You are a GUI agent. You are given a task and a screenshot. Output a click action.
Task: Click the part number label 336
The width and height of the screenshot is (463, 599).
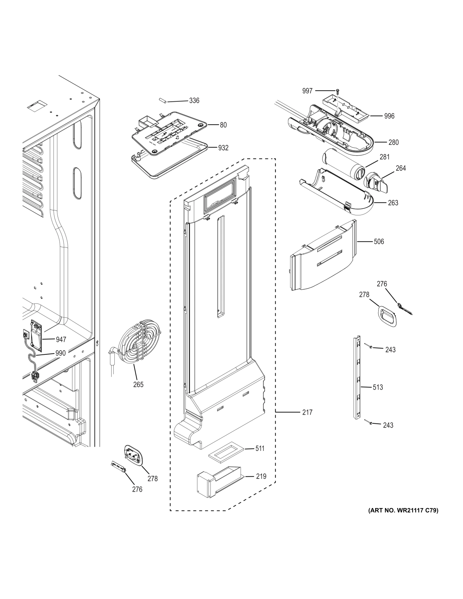coord(194,101)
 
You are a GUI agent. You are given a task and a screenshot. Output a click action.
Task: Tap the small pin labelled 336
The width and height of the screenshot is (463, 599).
coord(161,101)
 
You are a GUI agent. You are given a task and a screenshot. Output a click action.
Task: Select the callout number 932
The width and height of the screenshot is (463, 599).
coord(223,148)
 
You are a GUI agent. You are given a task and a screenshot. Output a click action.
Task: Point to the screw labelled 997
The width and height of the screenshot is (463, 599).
coord(337,91)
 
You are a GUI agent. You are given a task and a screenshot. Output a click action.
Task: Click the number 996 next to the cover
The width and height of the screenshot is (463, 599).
coord(389,116)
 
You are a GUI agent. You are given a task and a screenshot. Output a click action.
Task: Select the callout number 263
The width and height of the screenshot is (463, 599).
coord(393,203)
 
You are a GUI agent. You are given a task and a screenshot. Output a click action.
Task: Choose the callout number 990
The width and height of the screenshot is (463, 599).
coord(60,353)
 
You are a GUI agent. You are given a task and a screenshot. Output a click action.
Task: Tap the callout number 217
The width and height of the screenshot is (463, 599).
coord(307,412)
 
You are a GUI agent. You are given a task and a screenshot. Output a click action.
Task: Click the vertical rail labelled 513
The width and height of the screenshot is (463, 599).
coord(356,378)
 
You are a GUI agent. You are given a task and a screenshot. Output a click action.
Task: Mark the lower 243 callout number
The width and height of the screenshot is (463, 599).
coord(388,425)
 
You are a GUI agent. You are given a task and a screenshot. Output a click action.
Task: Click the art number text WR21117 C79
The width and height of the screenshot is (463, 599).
coord(403,510)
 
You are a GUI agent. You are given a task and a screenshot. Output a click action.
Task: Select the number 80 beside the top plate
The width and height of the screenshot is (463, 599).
coord(223,125)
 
